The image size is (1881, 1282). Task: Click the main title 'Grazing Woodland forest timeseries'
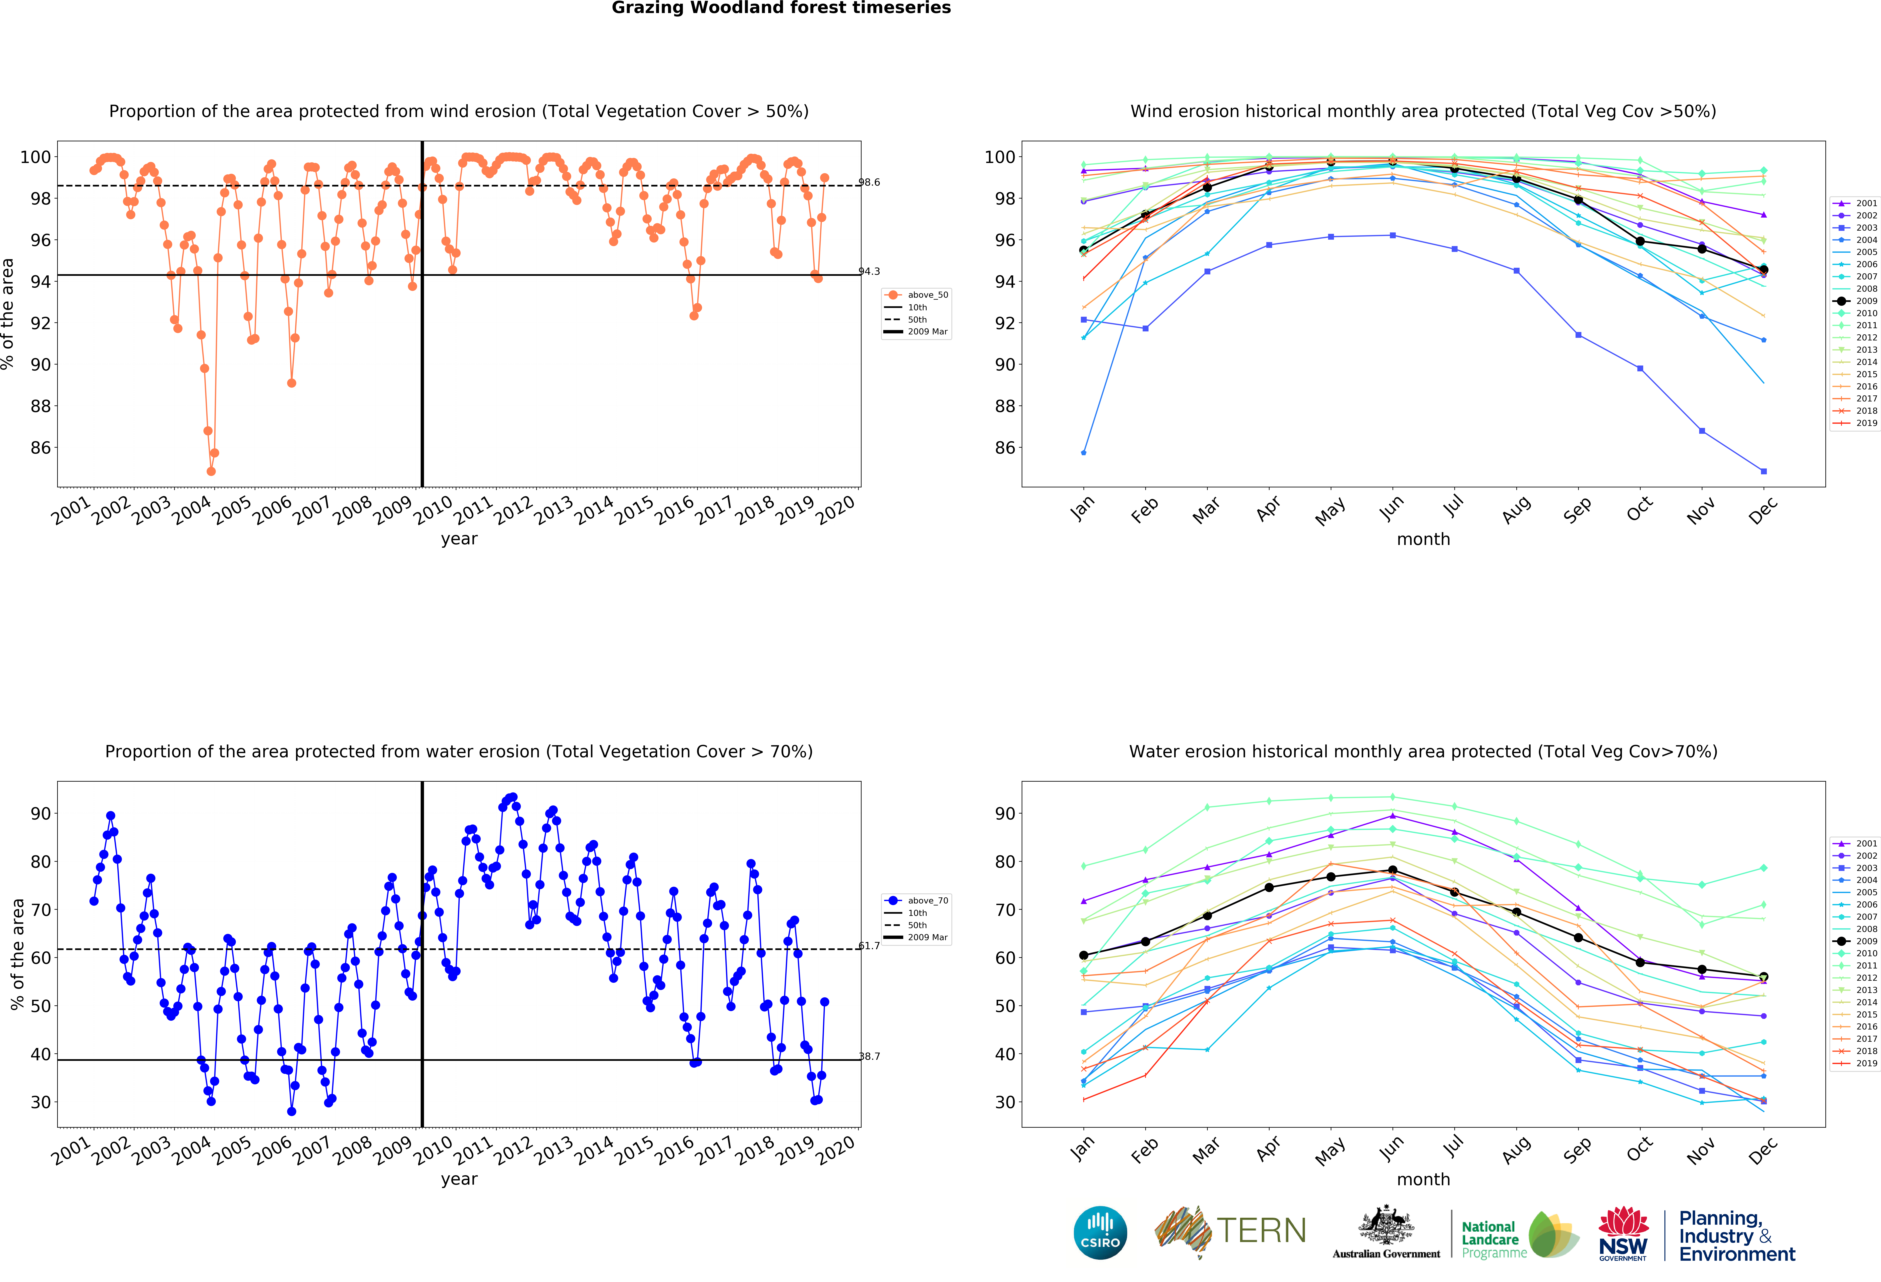(x=781, y=8)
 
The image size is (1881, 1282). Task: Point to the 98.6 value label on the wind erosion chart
(x=869, y=182)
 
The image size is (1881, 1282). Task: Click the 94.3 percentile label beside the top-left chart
(x=869, y=271)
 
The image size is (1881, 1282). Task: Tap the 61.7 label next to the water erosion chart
(x=869, y=945)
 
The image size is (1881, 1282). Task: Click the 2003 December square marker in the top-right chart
(x=1764, y=471)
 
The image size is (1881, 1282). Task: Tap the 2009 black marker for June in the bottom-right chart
(x=1392, y=870)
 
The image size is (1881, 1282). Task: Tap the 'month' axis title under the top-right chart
(x=1423, y=539)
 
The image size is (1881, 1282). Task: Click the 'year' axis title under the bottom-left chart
(x=459, y=1179)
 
